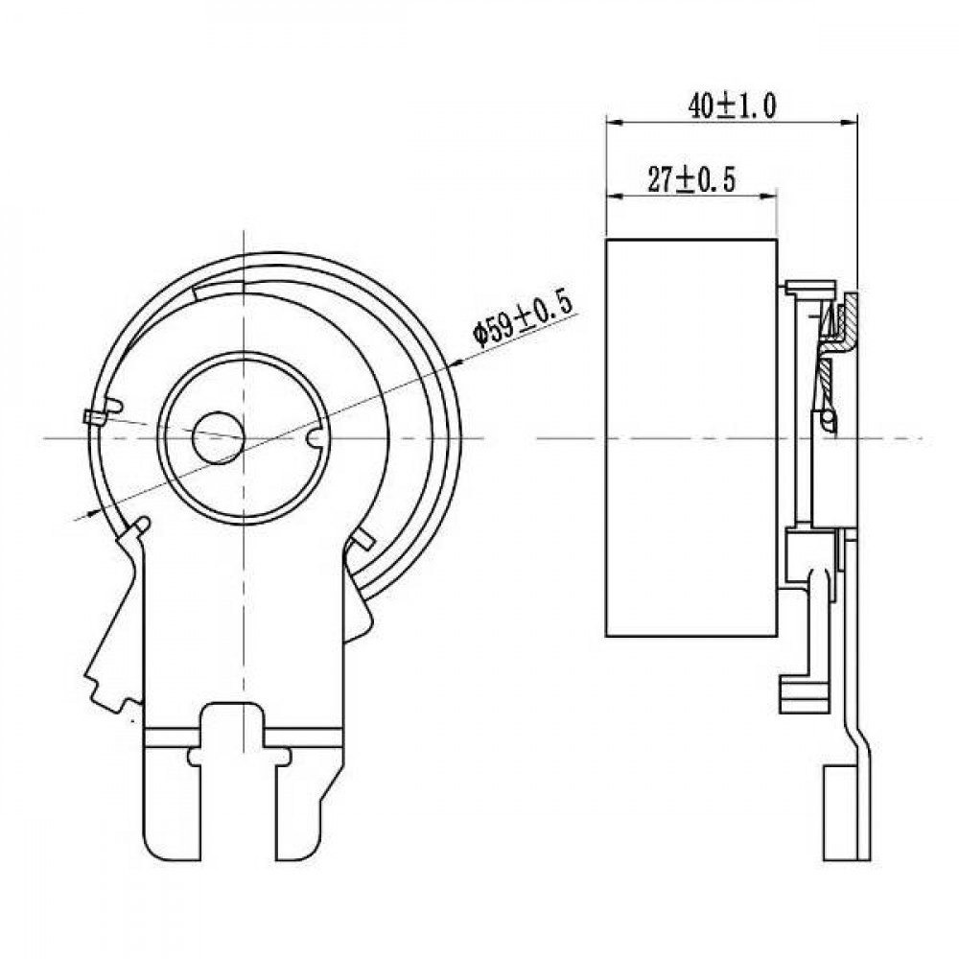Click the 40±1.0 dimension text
point(732,105)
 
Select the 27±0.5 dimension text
point(691,180)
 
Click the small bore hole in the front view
point(219,436)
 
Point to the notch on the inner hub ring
point(315,438)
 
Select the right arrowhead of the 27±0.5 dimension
point(768,197)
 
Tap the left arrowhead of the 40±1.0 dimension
point(614,123)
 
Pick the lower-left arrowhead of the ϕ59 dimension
point(95,511)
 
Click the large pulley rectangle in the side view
point(691,438)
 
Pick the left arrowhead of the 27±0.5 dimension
point(614,197)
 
